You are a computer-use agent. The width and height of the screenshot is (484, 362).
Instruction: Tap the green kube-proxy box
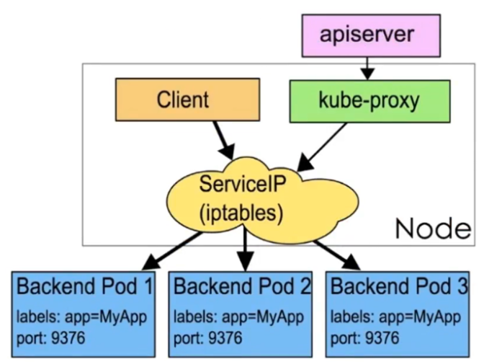pos(369,100)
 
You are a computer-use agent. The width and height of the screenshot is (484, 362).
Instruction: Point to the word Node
pos(432,229)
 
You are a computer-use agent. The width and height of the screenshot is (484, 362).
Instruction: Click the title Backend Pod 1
pos(86,287)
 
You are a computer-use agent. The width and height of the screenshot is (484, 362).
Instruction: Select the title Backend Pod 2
pos(243,287)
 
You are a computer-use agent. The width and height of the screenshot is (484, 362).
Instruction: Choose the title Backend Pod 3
pos(399,287)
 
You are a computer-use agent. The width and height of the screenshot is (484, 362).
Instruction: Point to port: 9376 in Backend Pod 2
pos(209,337)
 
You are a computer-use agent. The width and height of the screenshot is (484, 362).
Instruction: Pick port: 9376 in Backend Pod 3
pos(366,337)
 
